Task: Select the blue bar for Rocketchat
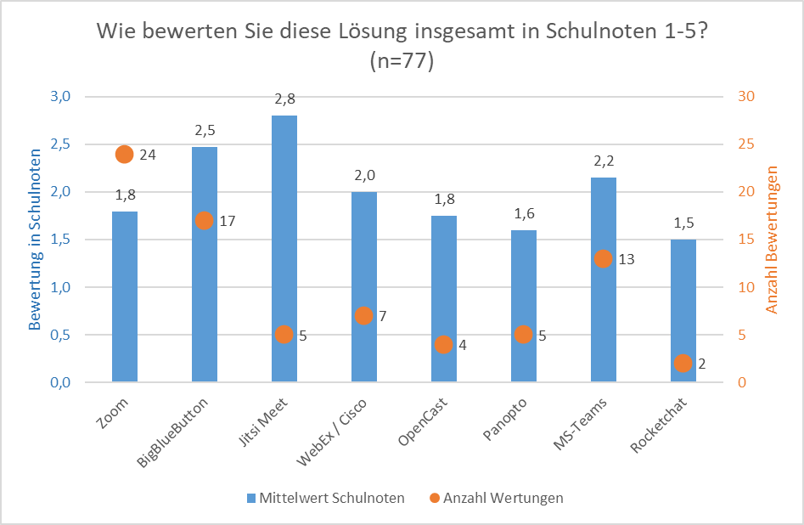tap(683, 311)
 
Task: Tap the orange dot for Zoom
tap(124, 154)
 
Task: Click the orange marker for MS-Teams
tap(603, 258)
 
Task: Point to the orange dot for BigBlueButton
tap(204, 221)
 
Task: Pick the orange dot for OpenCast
tap(443, 344)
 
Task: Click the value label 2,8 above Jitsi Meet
tap(284, 99)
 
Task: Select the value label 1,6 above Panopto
tap(523, 214)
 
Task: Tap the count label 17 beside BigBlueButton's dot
tap(226, 221)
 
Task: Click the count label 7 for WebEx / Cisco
tap(382, 316)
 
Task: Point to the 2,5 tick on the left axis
tap(60, 144)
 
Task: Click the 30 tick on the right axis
tap(745, 96)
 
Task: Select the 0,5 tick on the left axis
tap(60, 335)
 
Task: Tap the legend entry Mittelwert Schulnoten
tap(324, 498)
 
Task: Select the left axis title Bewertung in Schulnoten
tap(36, 240)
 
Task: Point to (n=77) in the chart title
tap(402, 61)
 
